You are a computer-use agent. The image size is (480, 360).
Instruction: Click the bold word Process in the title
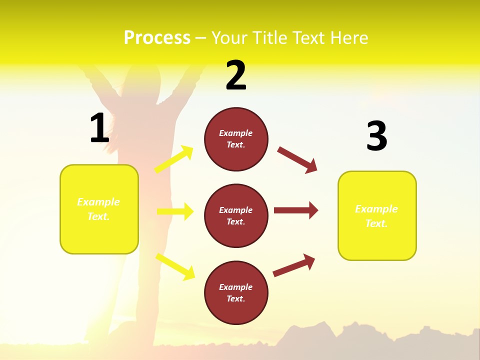click(x=157, y=38)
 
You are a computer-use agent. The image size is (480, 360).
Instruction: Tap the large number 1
click(x=99, y=128)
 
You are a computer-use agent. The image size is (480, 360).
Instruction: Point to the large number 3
click(x=376, y=136)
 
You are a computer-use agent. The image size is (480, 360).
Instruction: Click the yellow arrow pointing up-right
click(x=173, y=159)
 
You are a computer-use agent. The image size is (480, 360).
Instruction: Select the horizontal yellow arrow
click(x=175, y=211)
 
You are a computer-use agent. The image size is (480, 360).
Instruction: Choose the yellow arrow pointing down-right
click(x=175, y=266)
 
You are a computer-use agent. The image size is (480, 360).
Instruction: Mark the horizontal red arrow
click(x=296, y=210)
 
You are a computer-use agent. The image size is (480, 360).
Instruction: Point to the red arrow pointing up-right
click(x=294, y=265)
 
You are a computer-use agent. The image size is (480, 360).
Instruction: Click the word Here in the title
click(x=347, y=38)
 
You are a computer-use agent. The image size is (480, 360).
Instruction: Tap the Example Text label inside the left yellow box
click(x=98, y=209)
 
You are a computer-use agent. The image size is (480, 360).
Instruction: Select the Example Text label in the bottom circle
click(x=236, y=292)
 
